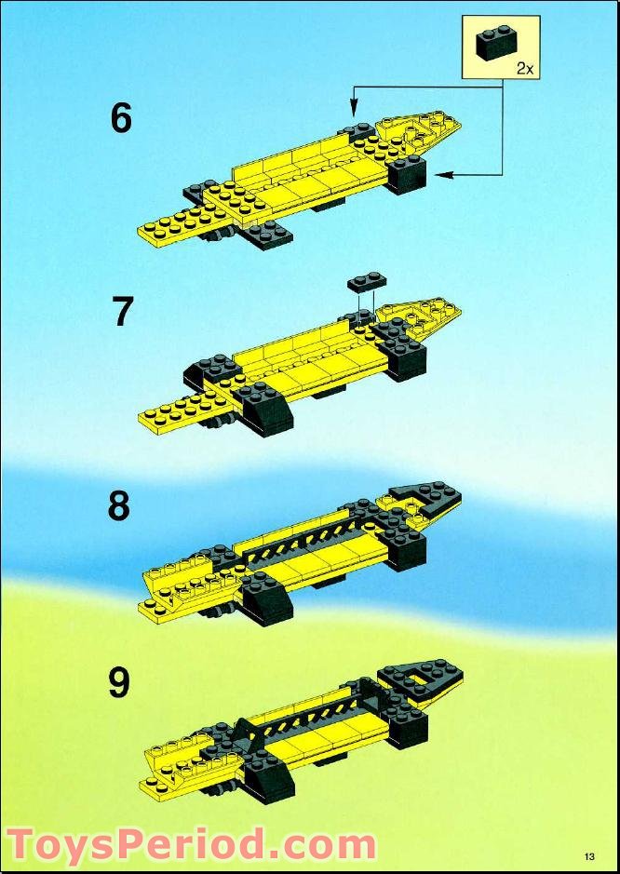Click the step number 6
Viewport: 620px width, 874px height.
click(121, 119)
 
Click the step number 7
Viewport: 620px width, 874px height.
click(122, 312)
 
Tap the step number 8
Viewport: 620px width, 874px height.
click(119, 506)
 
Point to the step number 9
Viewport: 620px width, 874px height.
click(119, 683)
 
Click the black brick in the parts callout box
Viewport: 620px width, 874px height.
click(496, 43)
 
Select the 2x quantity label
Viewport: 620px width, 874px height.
click(525, 69)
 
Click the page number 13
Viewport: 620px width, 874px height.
click(590, 856)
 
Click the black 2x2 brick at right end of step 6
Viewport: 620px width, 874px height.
click(407, 174)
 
